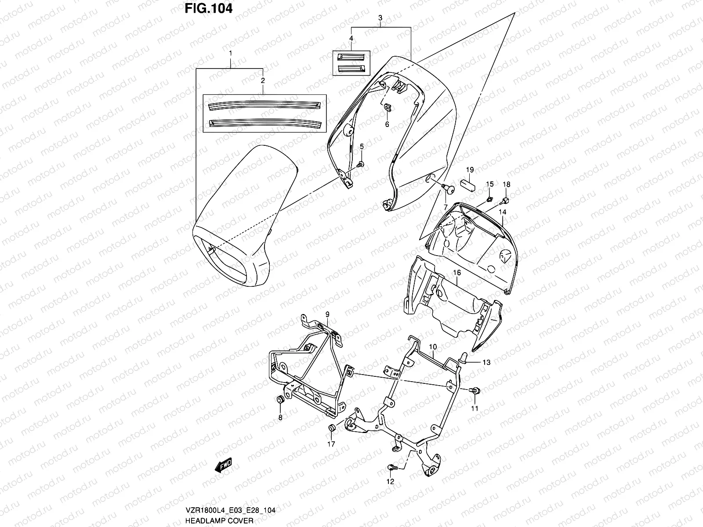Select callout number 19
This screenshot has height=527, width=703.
470,170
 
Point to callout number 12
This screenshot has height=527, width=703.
390,481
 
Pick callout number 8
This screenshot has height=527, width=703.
280,417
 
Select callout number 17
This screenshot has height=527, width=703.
331,444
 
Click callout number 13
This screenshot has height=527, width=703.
486,362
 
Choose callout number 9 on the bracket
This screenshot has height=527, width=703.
327,314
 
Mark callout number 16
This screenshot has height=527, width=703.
457,273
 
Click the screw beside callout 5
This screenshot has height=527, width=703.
360,164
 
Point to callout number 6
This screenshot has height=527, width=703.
387,124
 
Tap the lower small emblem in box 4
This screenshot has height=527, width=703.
351,68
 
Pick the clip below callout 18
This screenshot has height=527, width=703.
505,201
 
